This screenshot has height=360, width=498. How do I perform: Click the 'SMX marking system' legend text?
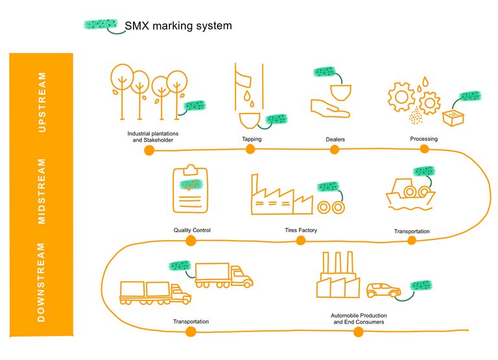pos(178,25)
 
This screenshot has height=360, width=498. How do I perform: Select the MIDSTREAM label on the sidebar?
pos(43,191)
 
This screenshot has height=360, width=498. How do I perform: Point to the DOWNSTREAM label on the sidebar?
pos(43,282)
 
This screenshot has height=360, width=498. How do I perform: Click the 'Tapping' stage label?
pos(252,139)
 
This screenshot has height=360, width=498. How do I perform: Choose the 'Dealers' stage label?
pos(335,139)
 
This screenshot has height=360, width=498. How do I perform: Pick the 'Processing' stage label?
pos(423,139)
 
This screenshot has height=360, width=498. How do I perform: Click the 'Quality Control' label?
pos(192,230)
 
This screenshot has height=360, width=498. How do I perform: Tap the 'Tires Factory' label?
pos(301,230)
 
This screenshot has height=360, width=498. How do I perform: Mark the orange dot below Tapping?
pos(250,149)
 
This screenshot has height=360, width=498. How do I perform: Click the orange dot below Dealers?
pos(335,150)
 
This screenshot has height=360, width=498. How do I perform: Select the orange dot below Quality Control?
pos(191,241)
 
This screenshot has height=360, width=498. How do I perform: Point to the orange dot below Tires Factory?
pos(301,241)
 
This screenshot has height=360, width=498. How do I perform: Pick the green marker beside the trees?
pos(195,106)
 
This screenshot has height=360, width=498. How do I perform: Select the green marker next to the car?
pos(423,285)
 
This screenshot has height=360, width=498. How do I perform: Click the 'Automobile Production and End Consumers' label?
pos(358,318)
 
